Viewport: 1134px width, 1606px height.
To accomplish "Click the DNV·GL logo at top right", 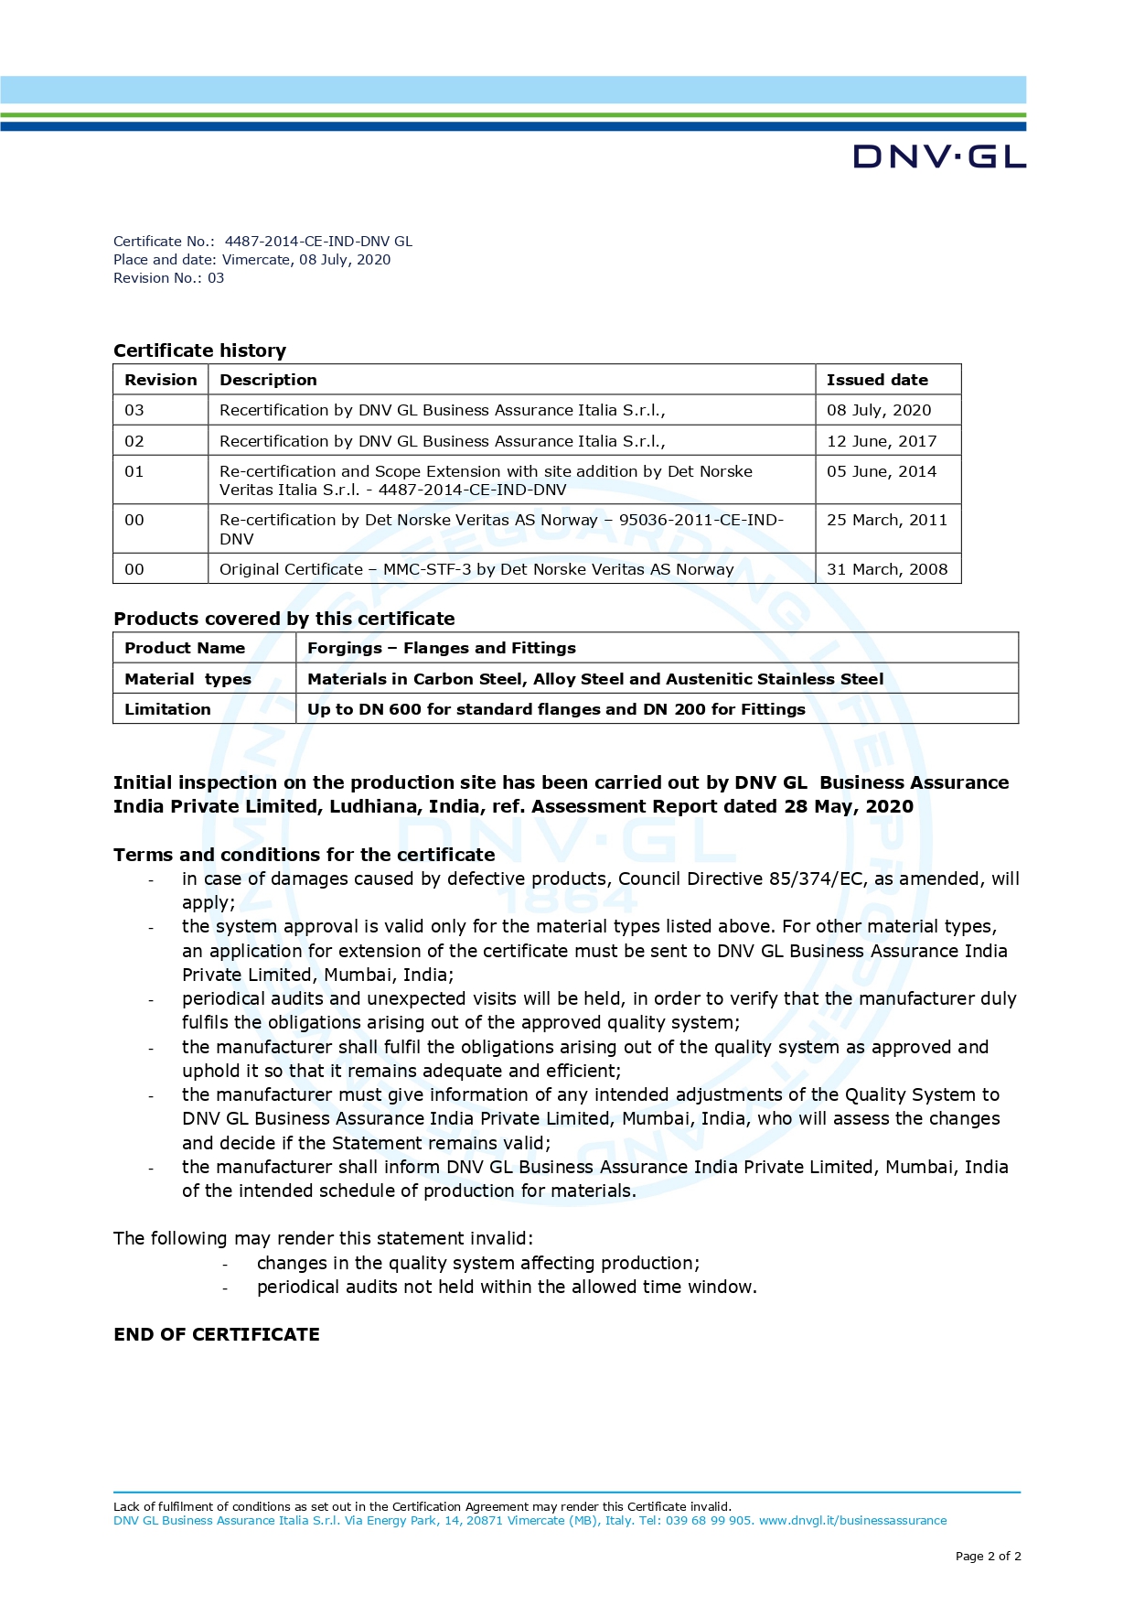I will click(939, 156).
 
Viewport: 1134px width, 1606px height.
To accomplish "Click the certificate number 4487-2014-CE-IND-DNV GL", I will click(318, 242).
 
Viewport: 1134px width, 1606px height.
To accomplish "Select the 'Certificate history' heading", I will click(199, 350).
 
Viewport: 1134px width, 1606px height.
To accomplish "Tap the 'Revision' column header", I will click(161, 380).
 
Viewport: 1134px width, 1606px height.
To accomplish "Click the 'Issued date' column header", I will click(877, 380).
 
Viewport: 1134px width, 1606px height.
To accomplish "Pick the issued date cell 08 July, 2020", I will click(879, 410).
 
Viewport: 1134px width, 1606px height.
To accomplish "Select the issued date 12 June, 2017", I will click(882, 441).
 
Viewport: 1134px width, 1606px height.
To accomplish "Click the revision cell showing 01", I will click(134, 471).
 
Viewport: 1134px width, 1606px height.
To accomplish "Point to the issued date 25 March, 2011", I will click(887, 520).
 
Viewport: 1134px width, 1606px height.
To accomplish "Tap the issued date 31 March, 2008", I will click(887, 569).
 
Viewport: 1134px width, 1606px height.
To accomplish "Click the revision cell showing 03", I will click(134, 410).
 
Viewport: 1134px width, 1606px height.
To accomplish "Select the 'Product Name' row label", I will click(185, 648).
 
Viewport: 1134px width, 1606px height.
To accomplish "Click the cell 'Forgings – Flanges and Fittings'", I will click(442, 648).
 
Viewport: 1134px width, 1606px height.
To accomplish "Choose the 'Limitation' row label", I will click(167, 709).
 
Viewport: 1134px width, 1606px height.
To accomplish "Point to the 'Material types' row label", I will click(187, 679).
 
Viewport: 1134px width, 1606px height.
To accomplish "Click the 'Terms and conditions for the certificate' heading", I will click(304, 855).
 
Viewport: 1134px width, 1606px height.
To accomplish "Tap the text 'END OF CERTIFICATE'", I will click(217, 1334).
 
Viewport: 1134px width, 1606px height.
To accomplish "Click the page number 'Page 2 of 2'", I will click(988, 1556).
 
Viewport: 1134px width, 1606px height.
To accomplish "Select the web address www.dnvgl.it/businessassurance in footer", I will click(852, 1521).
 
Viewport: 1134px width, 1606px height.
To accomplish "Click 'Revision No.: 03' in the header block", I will click(168, 278).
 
